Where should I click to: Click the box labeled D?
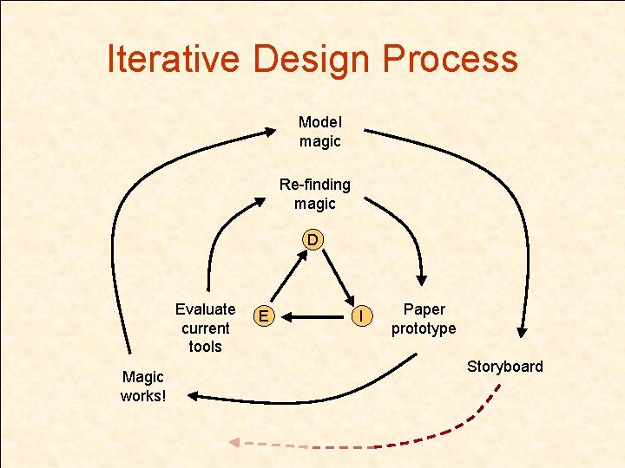pyautogui.click(x=312, y=238)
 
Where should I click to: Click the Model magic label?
pyautogui.click(x=320, y=132)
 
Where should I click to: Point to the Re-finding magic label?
pyautogui.click(x=314, y=194)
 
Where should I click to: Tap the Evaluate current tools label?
pyautogui.click(x=205, y=328)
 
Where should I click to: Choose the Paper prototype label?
pyautogui.click(x=424, y=319)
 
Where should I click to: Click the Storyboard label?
pyautogui.click(x=504, y=366)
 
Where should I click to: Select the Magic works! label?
pyautogui.click(x=143, y=387)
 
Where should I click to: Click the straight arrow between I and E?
pyautogui.click(x=317, y=317)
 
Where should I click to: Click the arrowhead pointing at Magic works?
pyautogui.click(x=193, y=396)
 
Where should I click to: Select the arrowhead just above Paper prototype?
pyautogui.click(x=421, y=279)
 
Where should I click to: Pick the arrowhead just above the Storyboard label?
pyautogui.click(x=523, y=330)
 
